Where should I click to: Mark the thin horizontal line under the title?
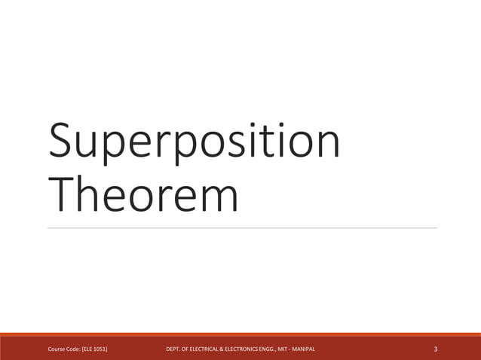pyautogui.click(x=241, y=227)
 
